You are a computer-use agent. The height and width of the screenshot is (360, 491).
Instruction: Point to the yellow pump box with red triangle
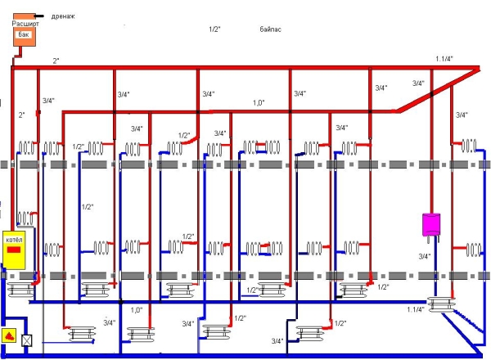9,336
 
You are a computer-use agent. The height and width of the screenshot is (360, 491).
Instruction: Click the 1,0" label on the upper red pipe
259,103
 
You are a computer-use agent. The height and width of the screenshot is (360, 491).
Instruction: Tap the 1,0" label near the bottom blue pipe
137,310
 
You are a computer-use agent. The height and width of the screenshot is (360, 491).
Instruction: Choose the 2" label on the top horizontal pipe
56,61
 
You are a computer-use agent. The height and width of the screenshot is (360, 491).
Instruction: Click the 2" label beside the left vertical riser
22,115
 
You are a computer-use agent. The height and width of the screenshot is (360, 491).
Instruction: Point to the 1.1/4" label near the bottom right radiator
415,309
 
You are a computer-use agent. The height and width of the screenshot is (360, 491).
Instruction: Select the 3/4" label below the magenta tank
424,256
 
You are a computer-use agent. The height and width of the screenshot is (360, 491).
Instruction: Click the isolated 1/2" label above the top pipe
214,29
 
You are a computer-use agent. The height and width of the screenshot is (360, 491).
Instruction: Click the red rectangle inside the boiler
15,249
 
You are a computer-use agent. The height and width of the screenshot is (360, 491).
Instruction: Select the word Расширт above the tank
25,25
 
